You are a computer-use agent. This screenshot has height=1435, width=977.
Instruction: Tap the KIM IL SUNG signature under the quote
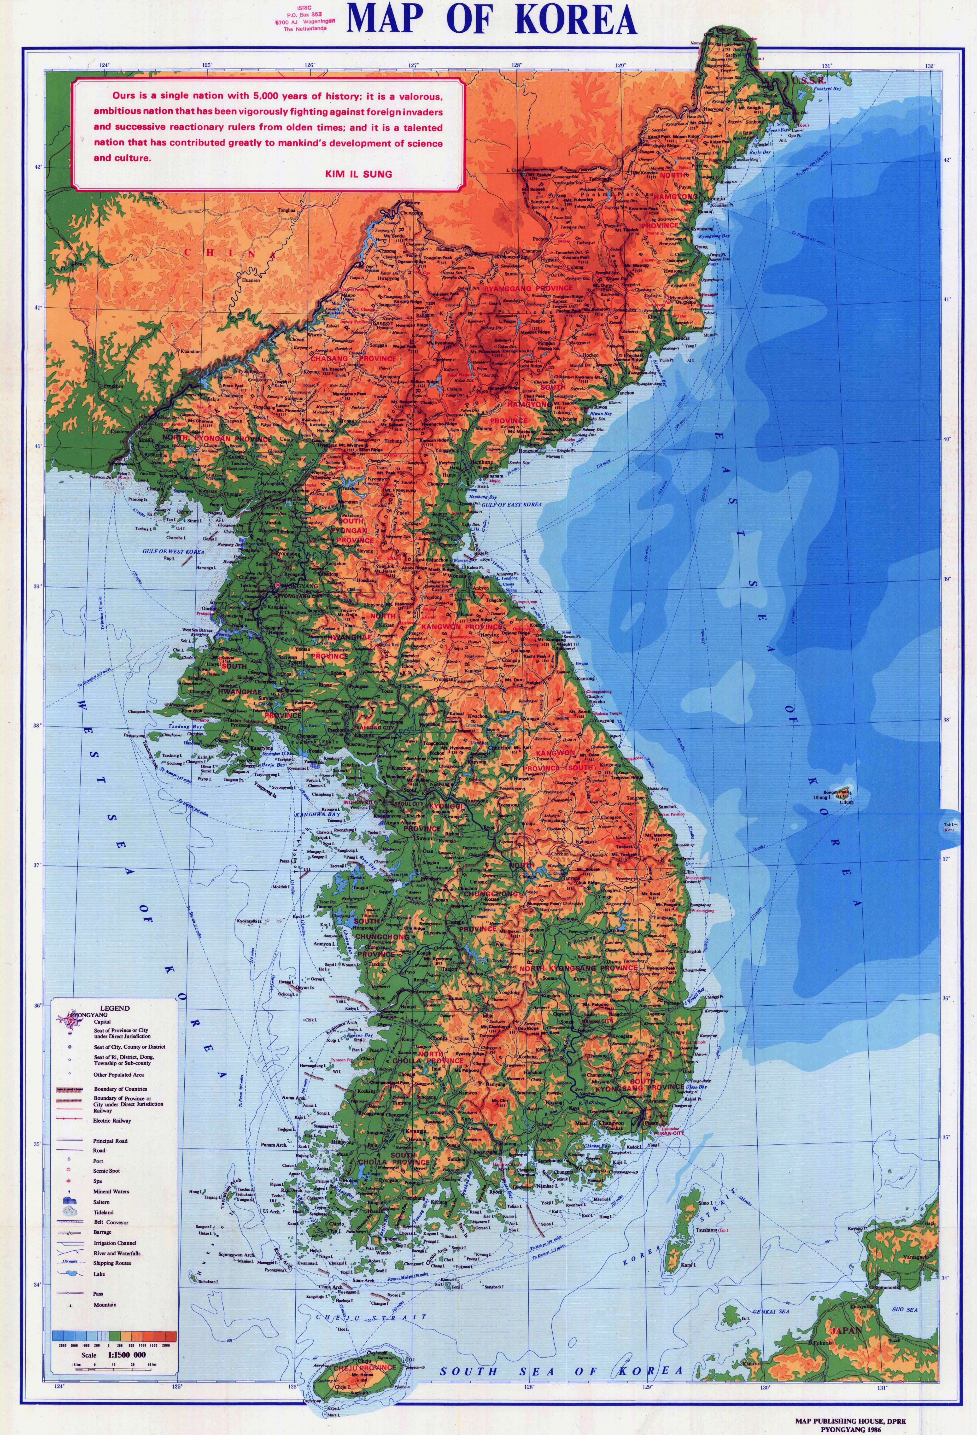(358, 174)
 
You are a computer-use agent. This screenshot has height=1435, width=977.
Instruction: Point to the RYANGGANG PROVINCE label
(528, 288)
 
